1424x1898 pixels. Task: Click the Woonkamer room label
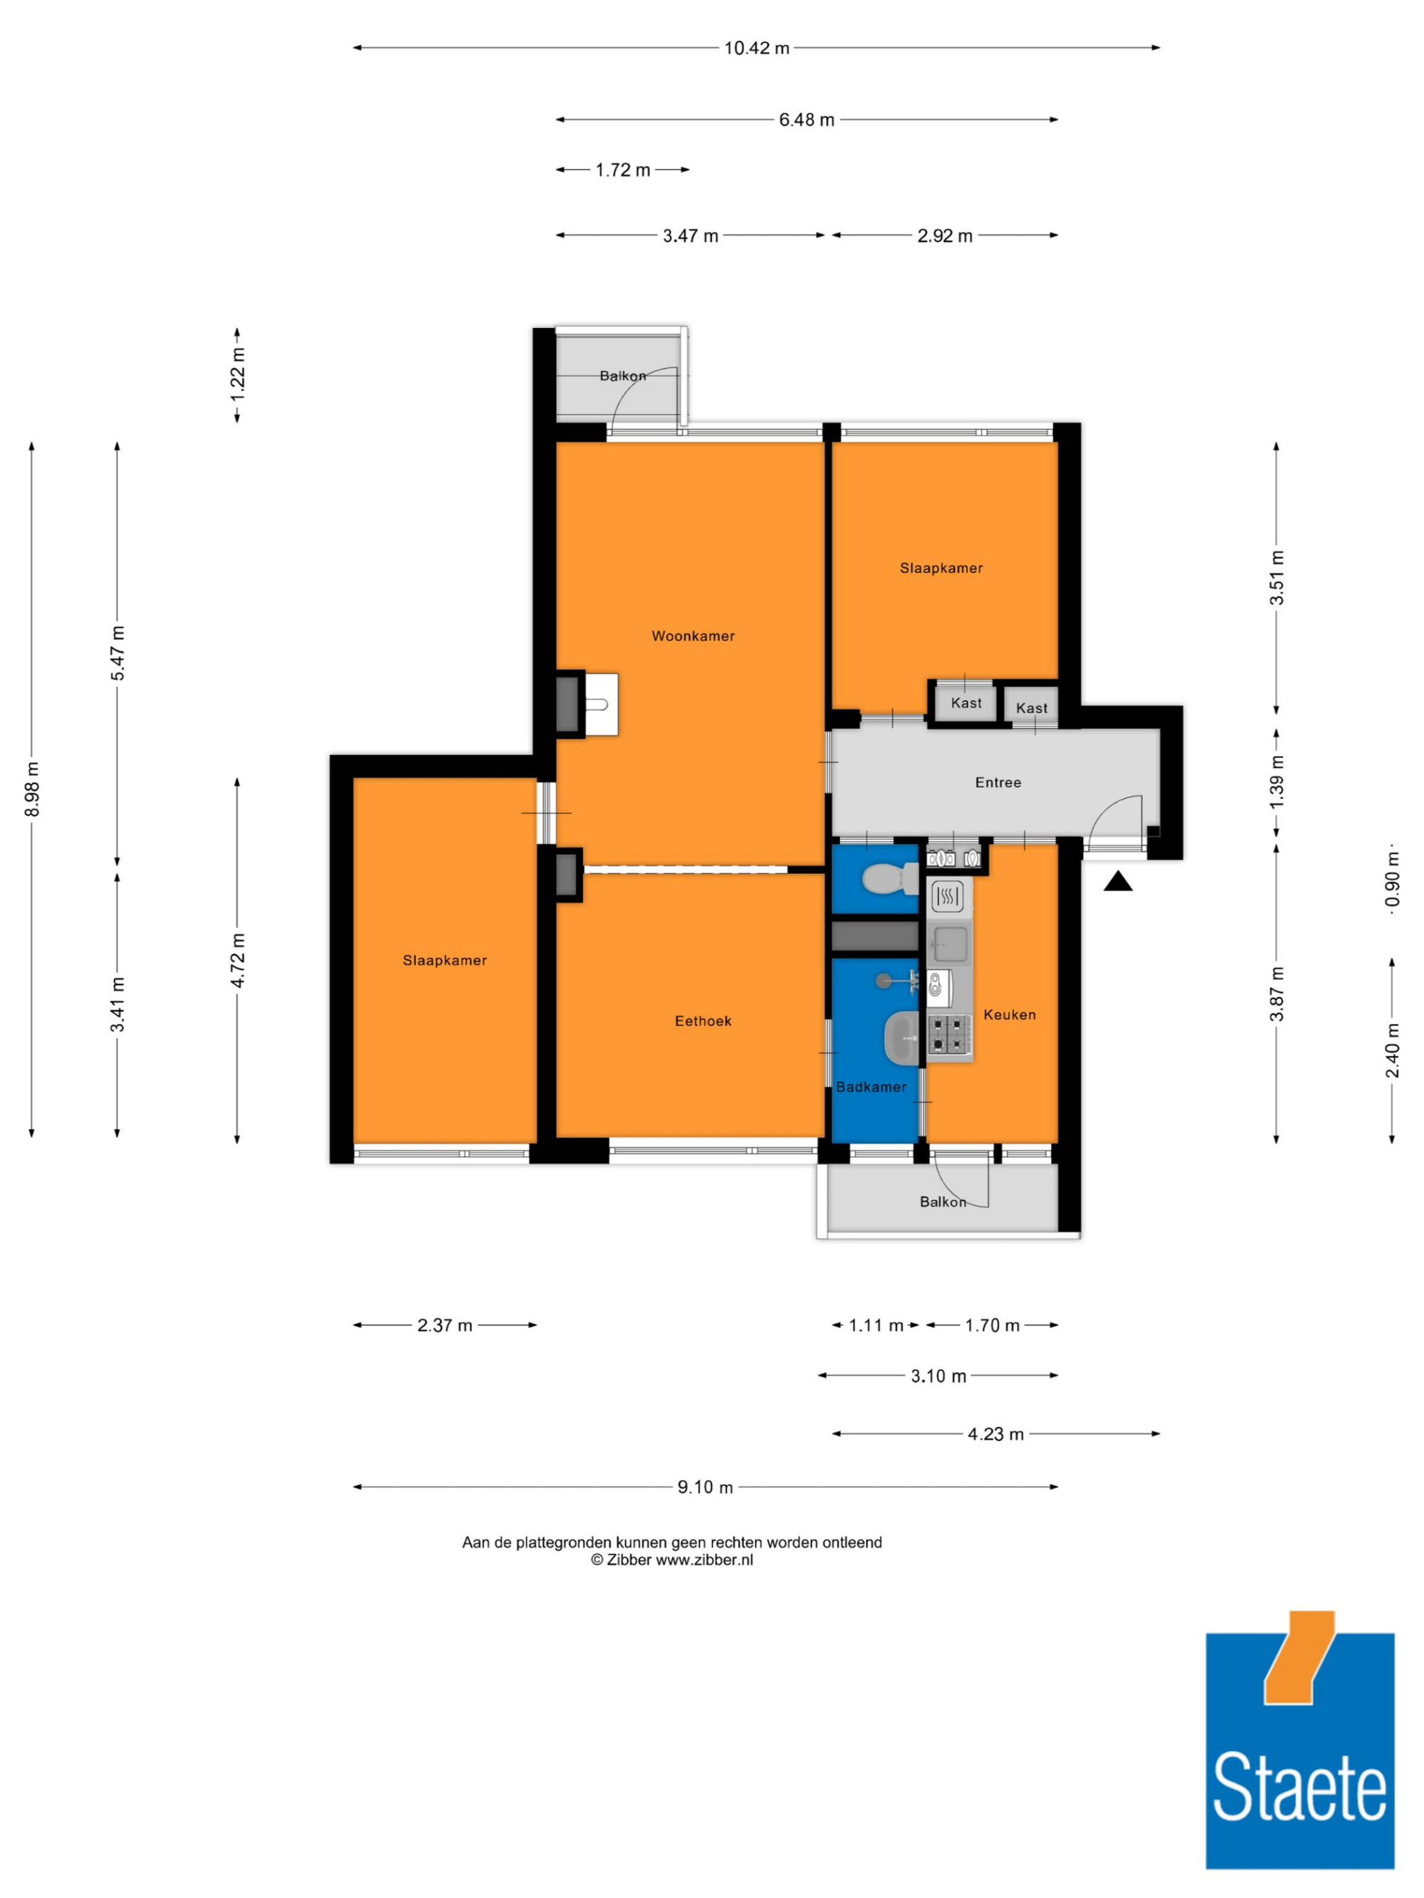tap(693, 636)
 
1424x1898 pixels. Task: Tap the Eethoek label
tap(703, 1021)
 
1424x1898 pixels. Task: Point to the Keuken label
tap(1010, 1014)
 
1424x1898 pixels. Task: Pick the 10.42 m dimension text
tap(756, 48)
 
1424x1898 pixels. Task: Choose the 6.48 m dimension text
tap(807, 120)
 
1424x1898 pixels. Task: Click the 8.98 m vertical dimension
tap(32, 789)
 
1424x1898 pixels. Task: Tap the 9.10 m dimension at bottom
tap(705, 1487)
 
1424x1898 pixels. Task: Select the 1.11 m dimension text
tap(876, 1326)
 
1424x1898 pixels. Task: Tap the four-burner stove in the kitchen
tap(948, 1034)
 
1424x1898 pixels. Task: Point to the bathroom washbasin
tap(901, 1035)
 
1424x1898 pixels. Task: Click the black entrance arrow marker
tap(1118, 881)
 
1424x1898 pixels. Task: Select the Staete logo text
tap(1299, 1786)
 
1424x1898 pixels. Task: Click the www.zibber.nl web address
tap(704, 1560)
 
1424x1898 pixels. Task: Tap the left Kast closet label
tap(966, 702)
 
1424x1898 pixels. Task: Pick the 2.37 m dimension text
tap(444, 1326)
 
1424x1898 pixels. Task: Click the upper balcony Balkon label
tap(623, 376)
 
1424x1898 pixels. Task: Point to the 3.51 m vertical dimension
tap(1277, 577)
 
